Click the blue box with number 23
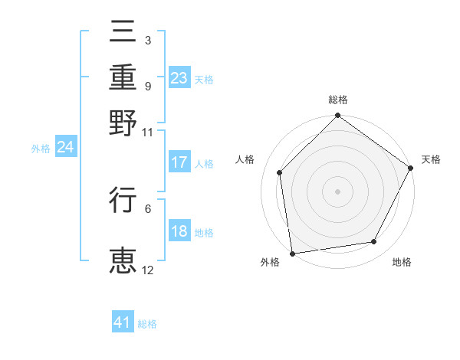pos(179,78)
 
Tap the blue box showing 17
pos(179,162)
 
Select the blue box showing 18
pos(179,232)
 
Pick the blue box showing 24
pos(65,147)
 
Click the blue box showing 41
pos(123,322)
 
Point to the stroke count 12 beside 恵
pos(148,270)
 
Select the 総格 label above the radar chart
pos(338,100)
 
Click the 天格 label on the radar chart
pos(431,159)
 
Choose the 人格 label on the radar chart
pos(245,159)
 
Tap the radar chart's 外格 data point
pos(292,254)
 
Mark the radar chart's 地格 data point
pos(374,242)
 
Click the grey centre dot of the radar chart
pos(337,191)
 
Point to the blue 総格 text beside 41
pos(147,324)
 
